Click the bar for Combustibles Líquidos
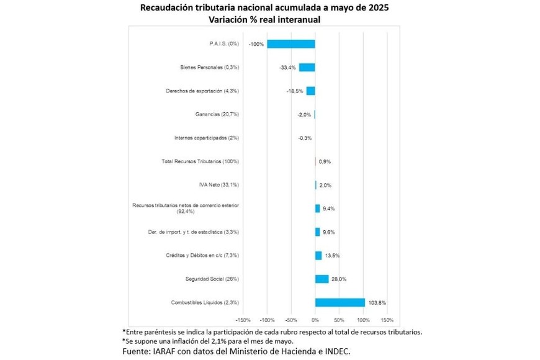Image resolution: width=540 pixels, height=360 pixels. (340, 302)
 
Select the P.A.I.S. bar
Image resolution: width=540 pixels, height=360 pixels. (291, 44)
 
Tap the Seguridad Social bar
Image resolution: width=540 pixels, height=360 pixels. (322, 279)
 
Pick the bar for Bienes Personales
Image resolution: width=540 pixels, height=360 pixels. (307, 68)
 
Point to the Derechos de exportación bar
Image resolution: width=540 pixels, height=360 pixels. (310, 91)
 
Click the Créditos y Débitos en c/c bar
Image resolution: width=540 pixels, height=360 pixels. (318, 255)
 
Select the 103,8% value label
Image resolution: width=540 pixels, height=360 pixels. (377, 303)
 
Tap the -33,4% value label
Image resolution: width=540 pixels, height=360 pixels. (288, 68)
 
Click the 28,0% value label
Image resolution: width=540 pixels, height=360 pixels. (339, 279)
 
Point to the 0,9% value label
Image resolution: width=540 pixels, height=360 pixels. (325, 161)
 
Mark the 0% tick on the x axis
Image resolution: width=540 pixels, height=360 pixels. (315, 320)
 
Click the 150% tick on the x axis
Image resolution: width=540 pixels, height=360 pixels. (386, 320)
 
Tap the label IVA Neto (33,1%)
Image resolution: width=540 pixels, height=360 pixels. (218, 185)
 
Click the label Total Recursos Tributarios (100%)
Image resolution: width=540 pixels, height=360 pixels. (200, 161)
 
